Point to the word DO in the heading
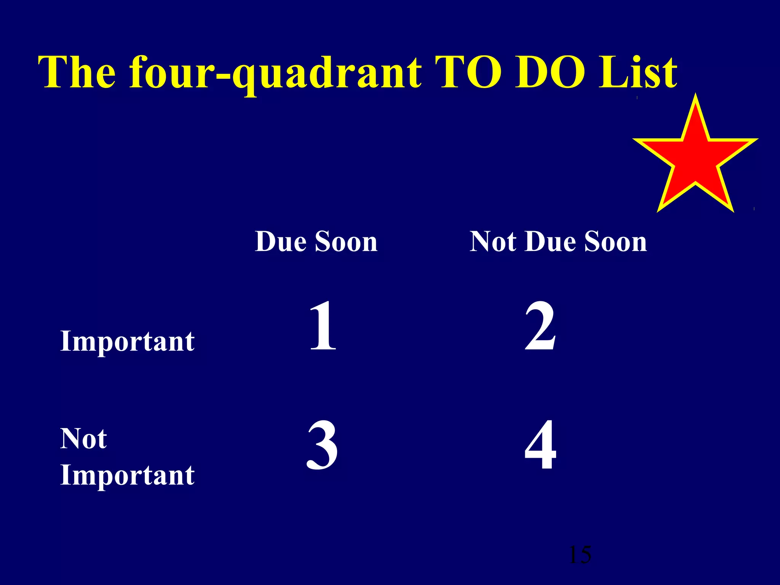point(550,72)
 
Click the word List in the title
point(638,72)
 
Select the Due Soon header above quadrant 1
point(316,241)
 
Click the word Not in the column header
point(493,241)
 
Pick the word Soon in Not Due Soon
point(615,241)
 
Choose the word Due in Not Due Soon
point(551,241)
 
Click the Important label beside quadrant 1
point(128,341)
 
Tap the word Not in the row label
point(83,439)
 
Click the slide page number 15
point(580,555)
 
